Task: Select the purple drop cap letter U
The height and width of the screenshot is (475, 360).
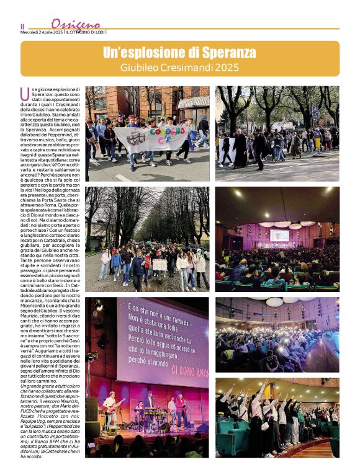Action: click(24, 94)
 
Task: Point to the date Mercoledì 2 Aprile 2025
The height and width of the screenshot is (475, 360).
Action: click(42, 32)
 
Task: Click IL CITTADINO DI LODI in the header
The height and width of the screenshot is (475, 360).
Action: click(85, 32)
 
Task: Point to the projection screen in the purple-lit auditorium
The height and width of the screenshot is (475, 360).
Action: click(279, 236)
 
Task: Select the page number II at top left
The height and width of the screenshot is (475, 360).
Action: click(22, 27)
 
